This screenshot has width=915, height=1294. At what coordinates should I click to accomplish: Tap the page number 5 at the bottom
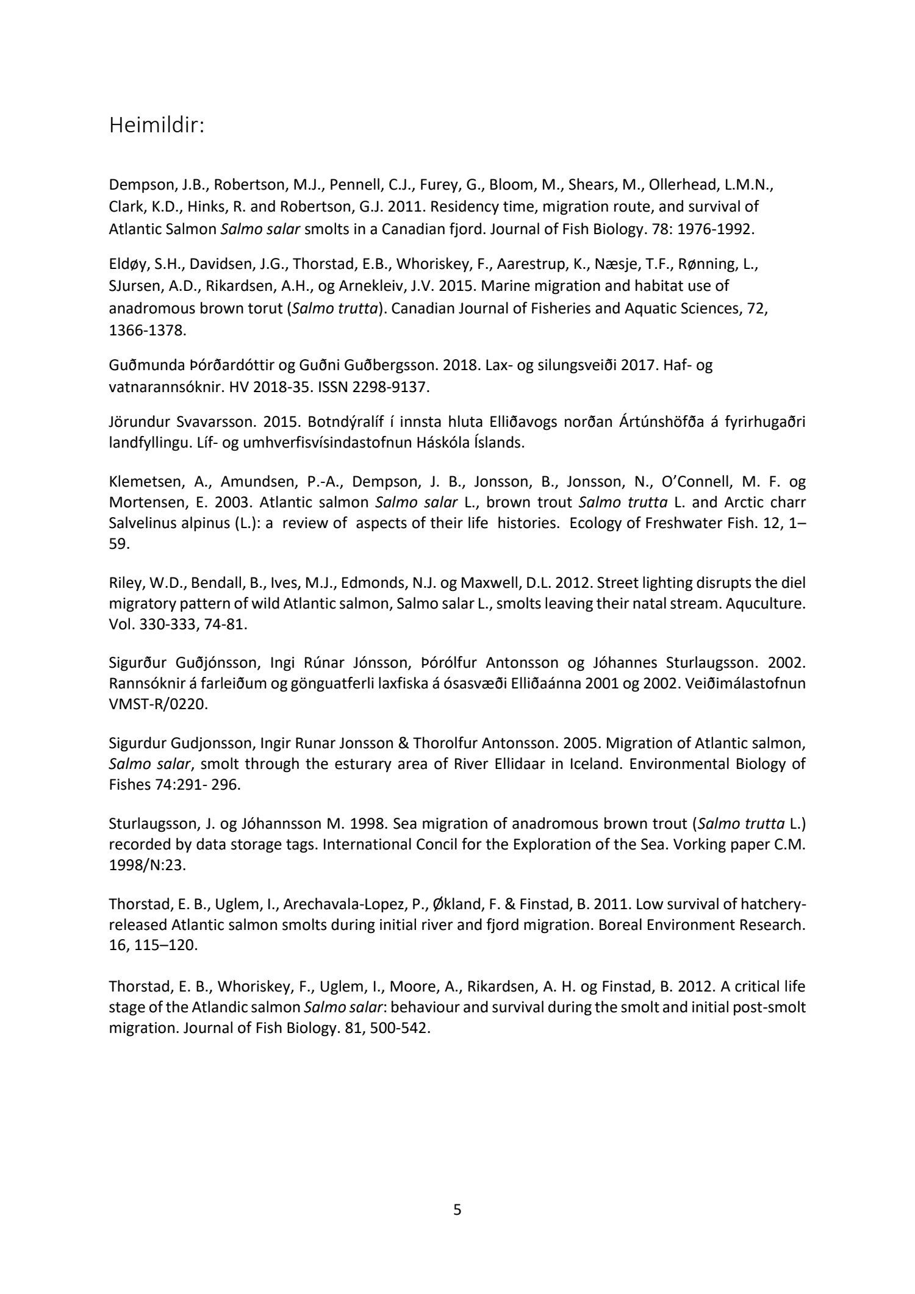tap(457, 1209)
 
